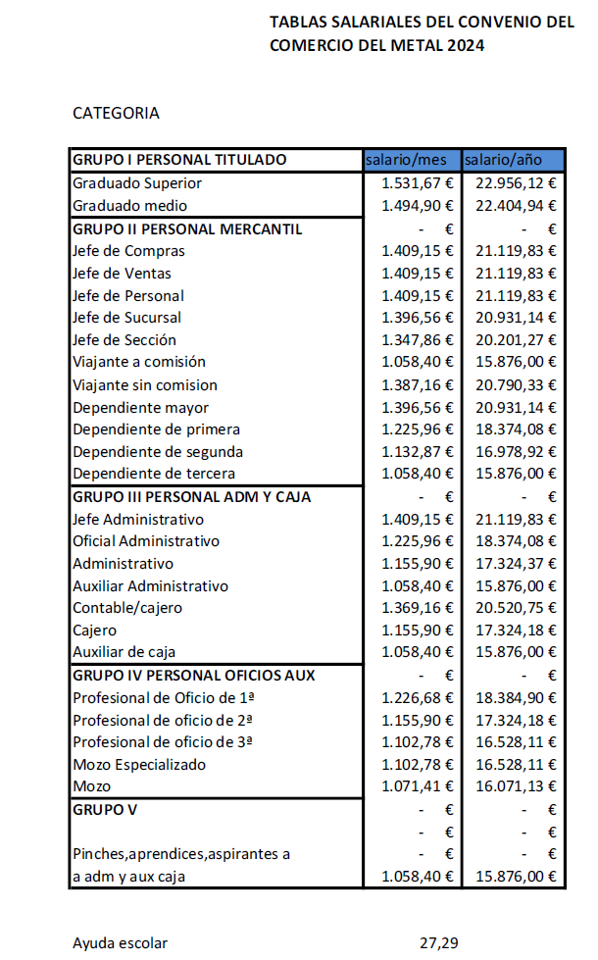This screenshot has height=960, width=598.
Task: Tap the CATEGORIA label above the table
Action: pyautogui.click(x=116, y=113)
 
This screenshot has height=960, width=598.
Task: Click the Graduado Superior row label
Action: pyautogui.click(x=137, y=183)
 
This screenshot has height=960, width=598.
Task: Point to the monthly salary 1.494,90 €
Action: pyautogui.click(x=417, y=206)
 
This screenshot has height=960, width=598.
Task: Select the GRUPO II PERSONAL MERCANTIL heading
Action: pyautogui.click(x=187, y=228)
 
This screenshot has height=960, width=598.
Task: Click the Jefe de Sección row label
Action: pyautogui.click(x=125, y=340)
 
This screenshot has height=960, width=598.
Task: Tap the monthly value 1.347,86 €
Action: pyautogui.click(x=417, y=340)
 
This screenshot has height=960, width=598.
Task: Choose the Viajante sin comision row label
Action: pyautogui.click(x=145, y=385)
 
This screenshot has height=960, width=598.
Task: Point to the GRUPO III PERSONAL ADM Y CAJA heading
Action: pyautogui.click(x=191, y=497)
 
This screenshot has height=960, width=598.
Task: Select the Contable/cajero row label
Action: pyautogui.click(x=127, y=608)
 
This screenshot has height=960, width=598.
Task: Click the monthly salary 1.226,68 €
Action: pyautogui.click(x=417, y=698)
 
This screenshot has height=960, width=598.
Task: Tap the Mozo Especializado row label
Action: pyautogui.click(x=139, y=765)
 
